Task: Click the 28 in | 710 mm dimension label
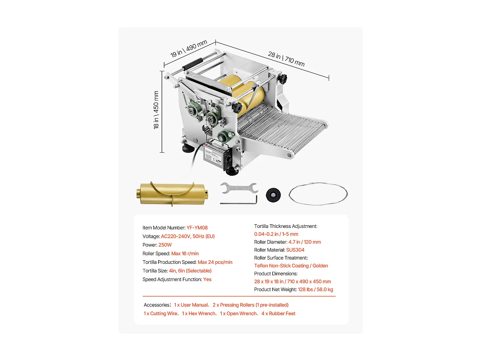pos(286,59)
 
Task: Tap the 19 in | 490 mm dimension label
pos(189,48)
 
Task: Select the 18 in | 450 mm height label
pos(156,110)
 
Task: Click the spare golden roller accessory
pos(172,193)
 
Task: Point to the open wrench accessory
pos(239,188)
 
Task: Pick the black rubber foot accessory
pos(273,195)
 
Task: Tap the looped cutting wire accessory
pos(318,194)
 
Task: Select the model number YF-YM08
pos(197,228)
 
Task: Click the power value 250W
pos(165,245)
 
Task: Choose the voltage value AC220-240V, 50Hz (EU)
pos(188,236)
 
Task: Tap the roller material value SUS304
pos(295,250)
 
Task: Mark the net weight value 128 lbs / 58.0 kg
pos(315,289)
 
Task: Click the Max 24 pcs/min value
pos(215,262)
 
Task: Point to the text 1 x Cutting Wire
pos(160,314)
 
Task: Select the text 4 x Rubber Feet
pos(278,314)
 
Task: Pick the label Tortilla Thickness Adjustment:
pos(285,226)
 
